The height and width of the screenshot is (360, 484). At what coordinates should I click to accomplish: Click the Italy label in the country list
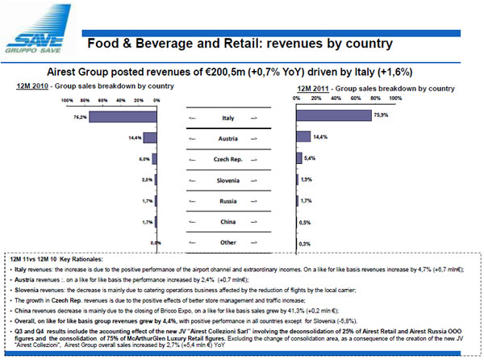click(x=227, y=118)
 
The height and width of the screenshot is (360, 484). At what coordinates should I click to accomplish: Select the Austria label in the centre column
click(x=227, y=139)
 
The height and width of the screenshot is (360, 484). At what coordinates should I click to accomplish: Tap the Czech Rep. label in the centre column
click(x=227, y=159)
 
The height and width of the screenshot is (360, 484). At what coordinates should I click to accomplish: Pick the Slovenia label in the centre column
click(x=227, y=180)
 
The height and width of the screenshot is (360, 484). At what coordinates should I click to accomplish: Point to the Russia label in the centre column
click(x=227, y=200)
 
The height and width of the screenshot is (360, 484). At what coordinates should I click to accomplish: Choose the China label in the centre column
click(x=227, y=221)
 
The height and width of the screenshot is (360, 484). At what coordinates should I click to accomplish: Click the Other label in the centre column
click(x=227, y=242)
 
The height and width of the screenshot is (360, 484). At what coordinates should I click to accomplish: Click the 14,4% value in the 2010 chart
click(x=135, y=138)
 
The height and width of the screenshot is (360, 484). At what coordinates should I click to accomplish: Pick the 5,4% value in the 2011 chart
click(x=311, y=158)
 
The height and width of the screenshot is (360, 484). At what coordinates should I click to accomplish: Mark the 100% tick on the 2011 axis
click(x=395, y=97)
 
